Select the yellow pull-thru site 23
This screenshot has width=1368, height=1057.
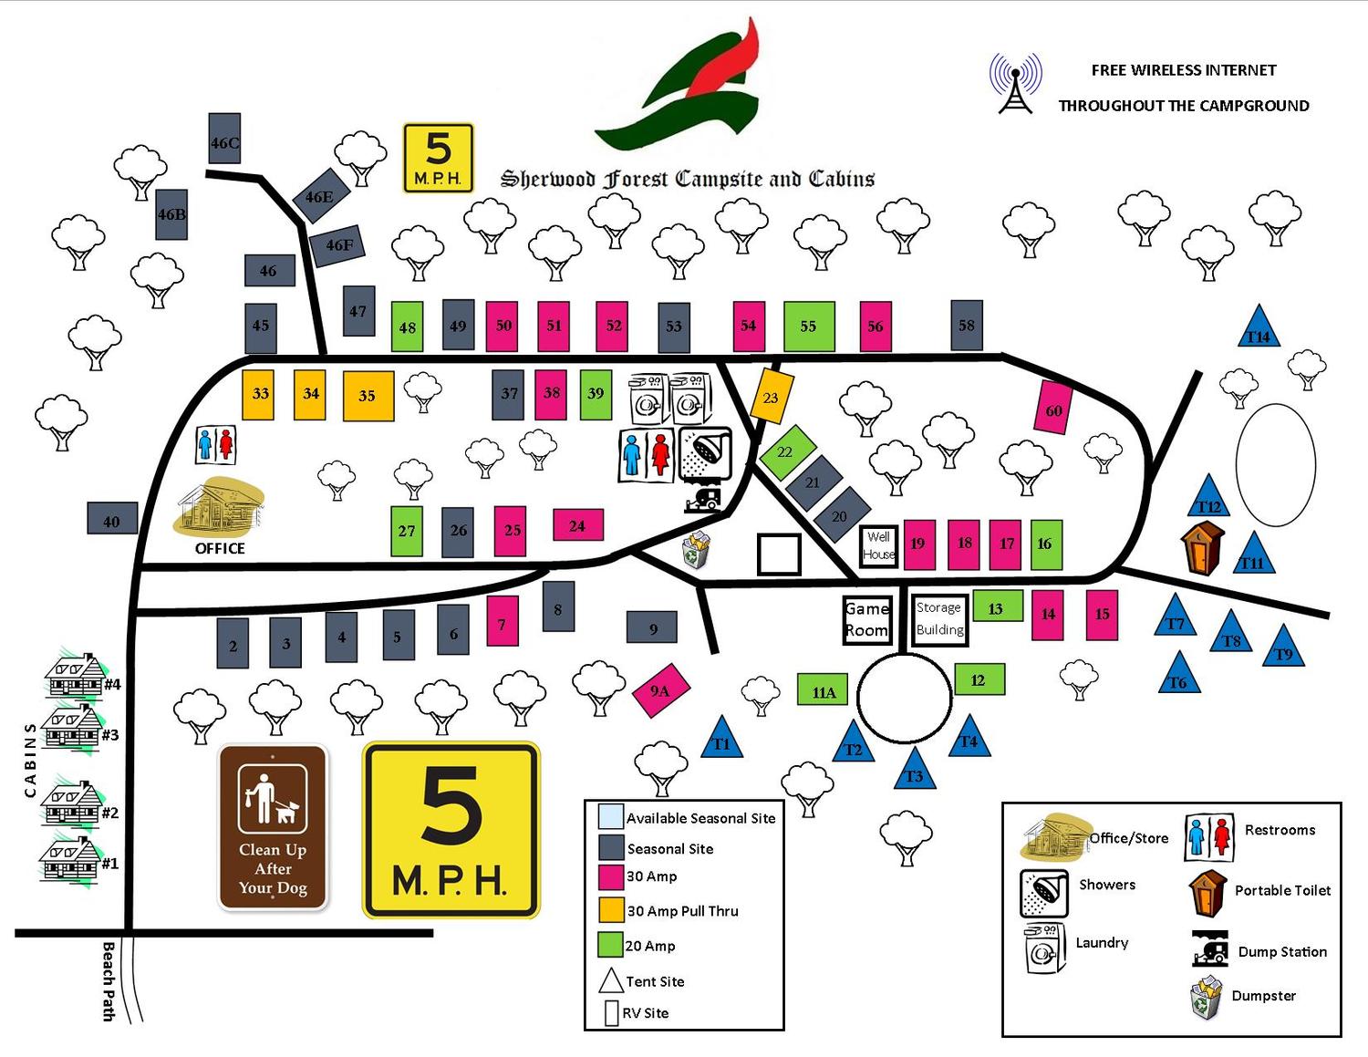(771, 397)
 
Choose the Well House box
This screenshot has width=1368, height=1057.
(878, 545)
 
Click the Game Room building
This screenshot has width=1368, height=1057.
(865, 619)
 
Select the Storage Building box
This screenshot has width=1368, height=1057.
(939, 619)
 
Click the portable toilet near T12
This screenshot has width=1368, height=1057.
(1203, 549)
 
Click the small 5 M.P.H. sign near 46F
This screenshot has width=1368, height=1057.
(439, 158)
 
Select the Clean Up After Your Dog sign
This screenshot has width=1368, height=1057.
(273, 828)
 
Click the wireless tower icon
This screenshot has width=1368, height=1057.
(1015, 85)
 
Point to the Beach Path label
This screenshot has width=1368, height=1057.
(109, 980)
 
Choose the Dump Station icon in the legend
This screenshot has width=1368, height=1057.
(1209, 949)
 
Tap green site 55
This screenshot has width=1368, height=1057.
(809, 326)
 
